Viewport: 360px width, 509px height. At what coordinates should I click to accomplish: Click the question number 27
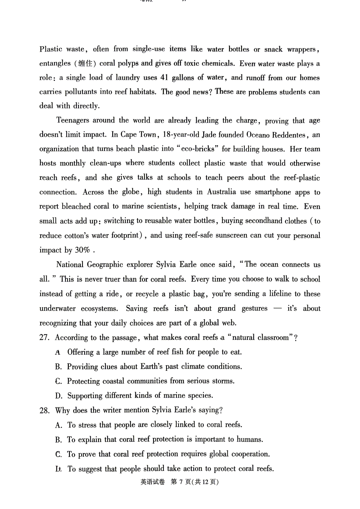[44, 338]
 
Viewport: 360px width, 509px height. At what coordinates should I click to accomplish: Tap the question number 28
[44, 411]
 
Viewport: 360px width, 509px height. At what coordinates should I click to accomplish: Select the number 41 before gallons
[164, 77]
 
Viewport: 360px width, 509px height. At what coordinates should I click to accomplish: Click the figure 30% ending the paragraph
[83, 250]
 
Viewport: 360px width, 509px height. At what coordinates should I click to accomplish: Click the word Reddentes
[289, 135]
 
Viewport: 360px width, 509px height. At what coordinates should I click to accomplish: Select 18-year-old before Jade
[181, 135]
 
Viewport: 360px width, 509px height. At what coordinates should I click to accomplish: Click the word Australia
[221, 192]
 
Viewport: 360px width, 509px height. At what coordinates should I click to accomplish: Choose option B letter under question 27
[58, 367]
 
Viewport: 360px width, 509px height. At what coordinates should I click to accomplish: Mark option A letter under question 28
[58, 425]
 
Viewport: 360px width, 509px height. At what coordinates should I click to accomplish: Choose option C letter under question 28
[58, 455]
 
